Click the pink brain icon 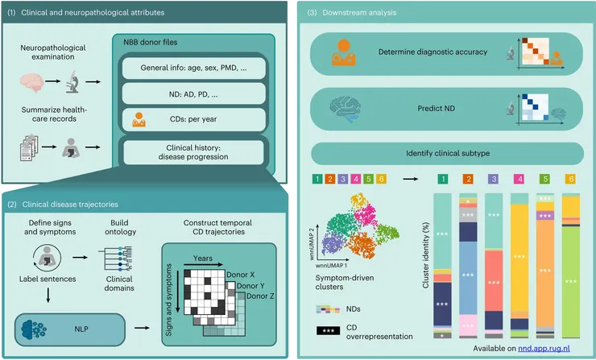pyautogui.click(x=31, y=82)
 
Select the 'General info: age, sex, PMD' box pyautogui.click(x=193, y=68)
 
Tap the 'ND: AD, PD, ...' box pyautogui.click(x=193, y=94)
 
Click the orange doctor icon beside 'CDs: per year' pyautogui.click(x=139, y=119)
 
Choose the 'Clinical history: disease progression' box pyautogui.click(x=193, y=152)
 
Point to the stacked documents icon pyautogui.click(x=29, y=147)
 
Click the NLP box pyautogui.click(x=70, y=329)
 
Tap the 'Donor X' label pyautogui.click(x=241, y=275)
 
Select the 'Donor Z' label pyautogui.click(x=260, y=296)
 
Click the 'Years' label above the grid pyautogui.click(x=203, y=259)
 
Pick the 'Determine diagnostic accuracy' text pyautogui.click(x=433, y=52)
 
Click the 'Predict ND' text pyautogui.click(x=436, y=109)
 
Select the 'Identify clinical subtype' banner pyautogui.click(x=447, y=154)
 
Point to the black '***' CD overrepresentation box pyautogui.click(x=328, y=330)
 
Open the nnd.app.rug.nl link pyautogui.click(x=544, y=348)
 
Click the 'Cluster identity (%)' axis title pyautogui.click(x=426, y=255)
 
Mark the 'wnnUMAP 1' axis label pyautogui.click(x=331, y=265)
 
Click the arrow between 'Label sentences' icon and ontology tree pyautogui.click(x=80, y=258)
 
